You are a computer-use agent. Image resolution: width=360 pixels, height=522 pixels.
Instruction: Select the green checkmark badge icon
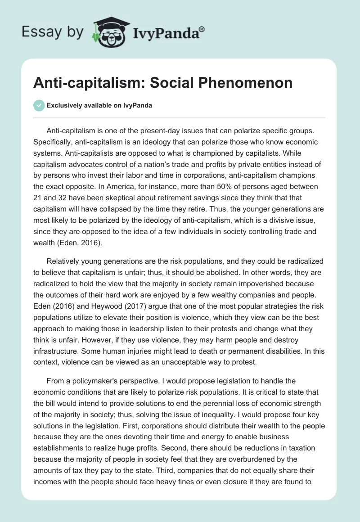click(39, 105)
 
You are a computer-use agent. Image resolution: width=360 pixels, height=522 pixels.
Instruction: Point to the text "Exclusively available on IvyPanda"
click(99, 105)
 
